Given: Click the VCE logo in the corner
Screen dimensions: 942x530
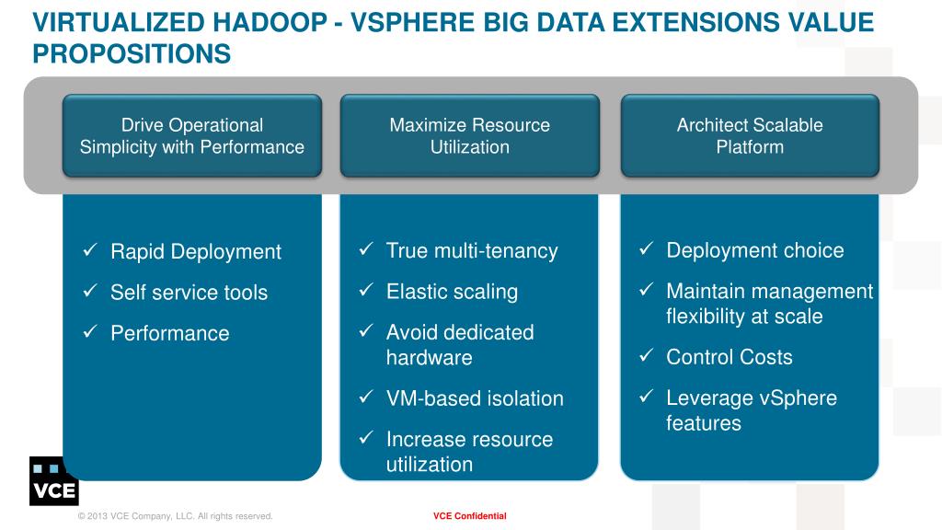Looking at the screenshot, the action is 53,480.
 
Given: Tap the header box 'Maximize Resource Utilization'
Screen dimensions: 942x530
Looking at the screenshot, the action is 469,136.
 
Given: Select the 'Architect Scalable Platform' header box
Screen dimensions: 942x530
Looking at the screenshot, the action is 750,136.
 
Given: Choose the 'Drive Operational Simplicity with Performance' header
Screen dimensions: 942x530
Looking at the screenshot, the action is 191,136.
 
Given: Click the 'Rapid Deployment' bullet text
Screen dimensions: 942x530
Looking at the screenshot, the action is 195,252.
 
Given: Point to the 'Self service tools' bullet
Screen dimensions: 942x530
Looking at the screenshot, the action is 189,293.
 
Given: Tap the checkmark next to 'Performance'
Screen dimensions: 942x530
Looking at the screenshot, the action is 90,331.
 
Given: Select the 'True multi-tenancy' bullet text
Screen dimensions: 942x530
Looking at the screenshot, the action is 472,251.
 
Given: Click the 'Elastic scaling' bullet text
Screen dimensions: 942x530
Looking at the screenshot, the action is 452,292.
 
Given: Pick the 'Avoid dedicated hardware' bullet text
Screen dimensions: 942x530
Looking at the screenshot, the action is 459,345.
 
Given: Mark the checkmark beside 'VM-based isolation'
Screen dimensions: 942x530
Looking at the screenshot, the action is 365,397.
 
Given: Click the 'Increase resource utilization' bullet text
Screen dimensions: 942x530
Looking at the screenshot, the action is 469,452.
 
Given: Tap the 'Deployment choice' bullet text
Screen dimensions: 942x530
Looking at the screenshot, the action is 754,251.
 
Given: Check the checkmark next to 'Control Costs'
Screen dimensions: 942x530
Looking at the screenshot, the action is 646,355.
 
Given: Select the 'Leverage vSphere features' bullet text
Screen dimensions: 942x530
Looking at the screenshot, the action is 751,410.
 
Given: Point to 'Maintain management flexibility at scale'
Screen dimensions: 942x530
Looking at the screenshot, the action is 769,304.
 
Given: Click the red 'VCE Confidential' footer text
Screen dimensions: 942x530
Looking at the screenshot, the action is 469,516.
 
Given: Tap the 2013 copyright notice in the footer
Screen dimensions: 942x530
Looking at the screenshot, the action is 175,516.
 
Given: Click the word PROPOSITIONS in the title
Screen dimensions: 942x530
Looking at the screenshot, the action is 132,54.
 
